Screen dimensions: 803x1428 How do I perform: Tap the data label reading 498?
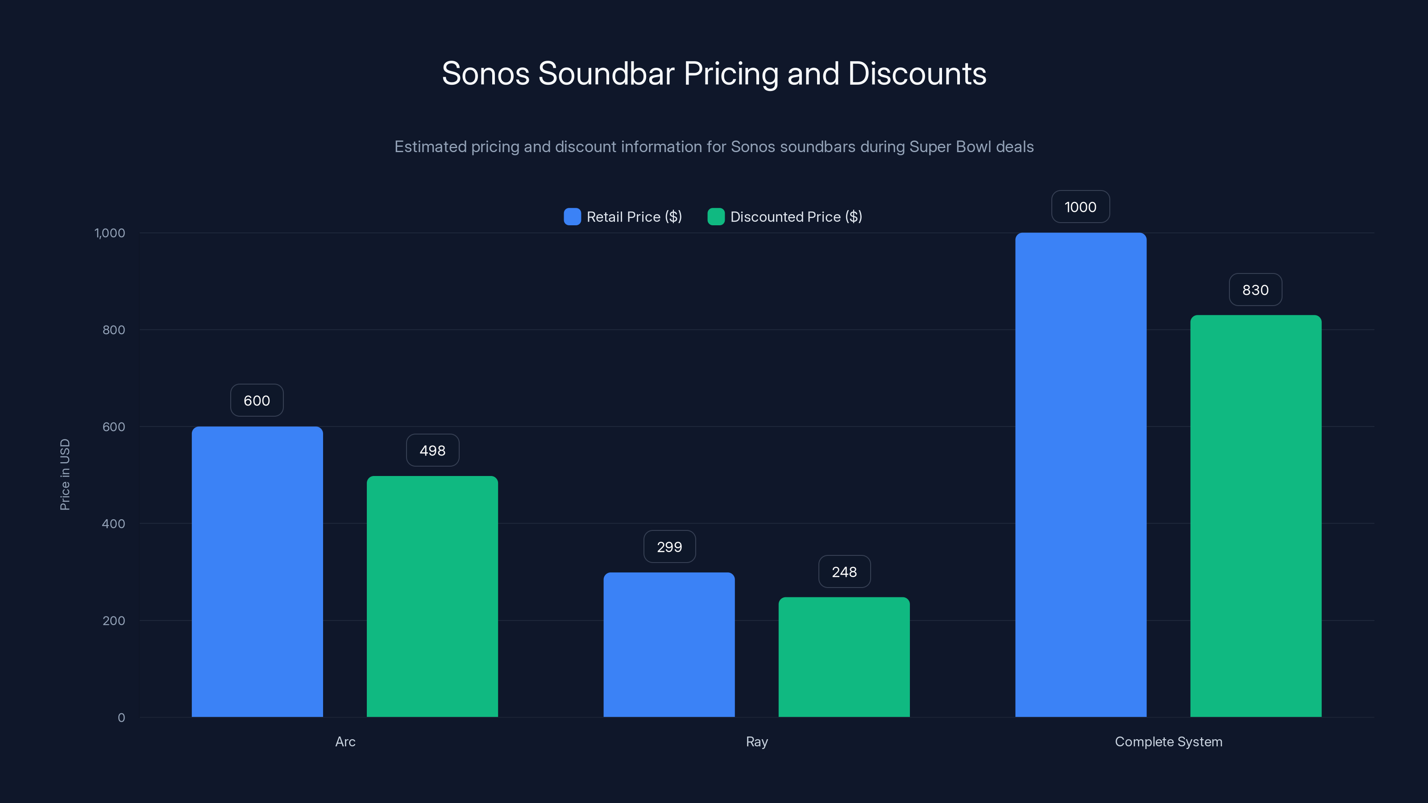pyautogui.click(x=432, y=451)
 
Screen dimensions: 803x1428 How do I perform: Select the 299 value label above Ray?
pyautogui.click(x=669, y=547)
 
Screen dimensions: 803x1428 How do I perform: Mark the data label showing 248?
pyautogui.click(x=844, y=572)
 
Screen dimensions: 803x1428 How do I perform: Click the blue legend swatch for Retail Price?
pyautogui.click(x=572, y=217)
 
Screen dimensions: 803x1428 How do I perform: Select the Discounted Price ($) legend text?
pyautogui.click(x=796, y=217)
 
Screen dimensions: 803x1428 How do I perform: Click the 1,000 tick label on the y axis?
pyautogui.click(x=110, y=233)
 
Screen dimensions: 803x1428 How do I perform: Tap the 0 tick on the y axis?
pyautogui.click(x=121, y=718)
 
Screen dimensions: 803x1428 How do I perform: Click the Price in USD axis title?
pyautogui.click(x=65, y=474)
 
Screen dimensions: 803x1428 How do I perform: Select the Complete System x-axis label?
pyautogui.click(x=1168, y=741)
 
